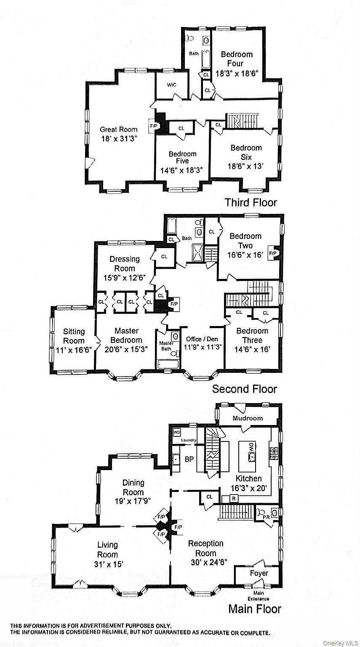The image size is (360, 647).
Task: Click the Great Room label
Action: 119,129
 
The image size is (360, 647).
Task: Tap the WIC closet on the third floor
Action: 171,85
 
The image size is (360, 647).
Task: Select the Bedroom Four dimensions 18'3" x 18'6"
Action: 237,73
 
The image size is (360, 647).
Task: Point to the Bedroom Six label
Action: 246,152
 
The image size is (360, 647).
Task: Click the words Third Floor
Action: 251,202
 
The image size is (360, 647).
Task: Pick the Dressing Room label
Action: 125,263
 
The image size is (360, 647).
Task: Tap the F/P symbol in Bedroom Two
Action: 273,253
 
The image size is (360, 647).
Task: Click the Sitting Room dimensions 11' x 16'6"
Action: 74,350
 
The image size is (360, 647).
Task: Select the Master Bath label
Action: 166,346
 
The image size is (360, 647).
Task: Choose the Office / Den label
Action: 202,339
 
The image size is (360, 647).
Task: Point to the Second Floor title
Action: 245,389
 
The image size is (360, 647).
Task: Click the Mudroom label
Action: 248,418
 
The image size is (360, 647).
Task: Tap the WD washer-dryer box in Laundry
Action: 177,433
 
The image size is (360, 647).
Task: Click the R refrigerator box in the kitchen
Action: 234,498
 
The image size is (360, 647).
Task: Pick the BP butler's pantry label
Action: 189,459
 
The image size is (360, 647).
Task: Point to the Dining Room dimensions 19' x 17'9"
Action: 133,501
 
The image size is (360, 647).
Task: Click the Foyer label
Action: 259,573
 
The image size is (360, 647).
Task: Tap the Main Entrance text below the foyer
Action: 259,596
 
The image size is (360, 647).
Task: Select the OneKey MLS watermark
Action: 341,643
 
